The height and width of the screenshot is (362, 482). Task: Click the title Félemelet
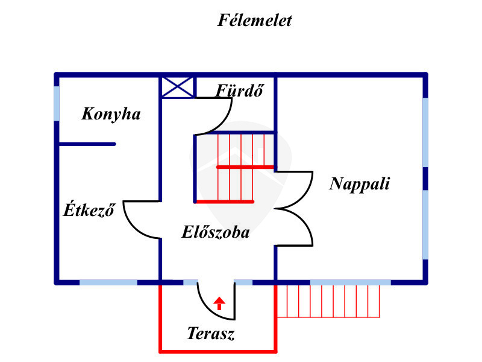(254, 21)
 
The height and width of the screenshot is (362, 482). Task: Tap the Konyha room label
(111, 113)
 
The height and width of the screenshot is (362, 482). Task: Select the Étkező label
(89, 211)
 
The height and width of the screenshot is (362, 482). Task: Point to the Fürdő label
(240, 91)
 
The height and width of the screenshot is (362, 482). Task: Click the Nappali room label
(359, 183)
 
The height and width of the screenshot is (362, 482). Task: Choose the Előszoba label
(215, 232)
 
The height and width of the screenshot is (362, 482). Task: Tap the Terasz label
(210, 334)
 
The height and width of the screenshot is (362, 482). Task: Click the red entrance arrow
(219, 303)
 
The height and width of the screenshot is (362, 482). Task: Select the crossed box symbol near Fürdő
(178, 87)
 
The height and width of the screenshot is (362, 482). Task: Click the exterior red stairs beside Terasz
(328, 300)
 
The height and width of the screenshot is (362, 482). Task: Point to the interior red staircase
(235, 167)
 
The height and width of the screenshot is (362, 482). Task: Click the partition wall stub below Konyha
(87, 144)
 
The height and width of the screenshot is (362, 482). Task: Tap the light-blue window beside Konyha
(57, 103)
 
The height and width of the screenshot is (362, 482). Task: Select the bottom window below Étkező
(108, 282)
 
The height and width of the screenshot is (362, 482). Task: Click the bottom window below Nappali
(349, 282)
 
